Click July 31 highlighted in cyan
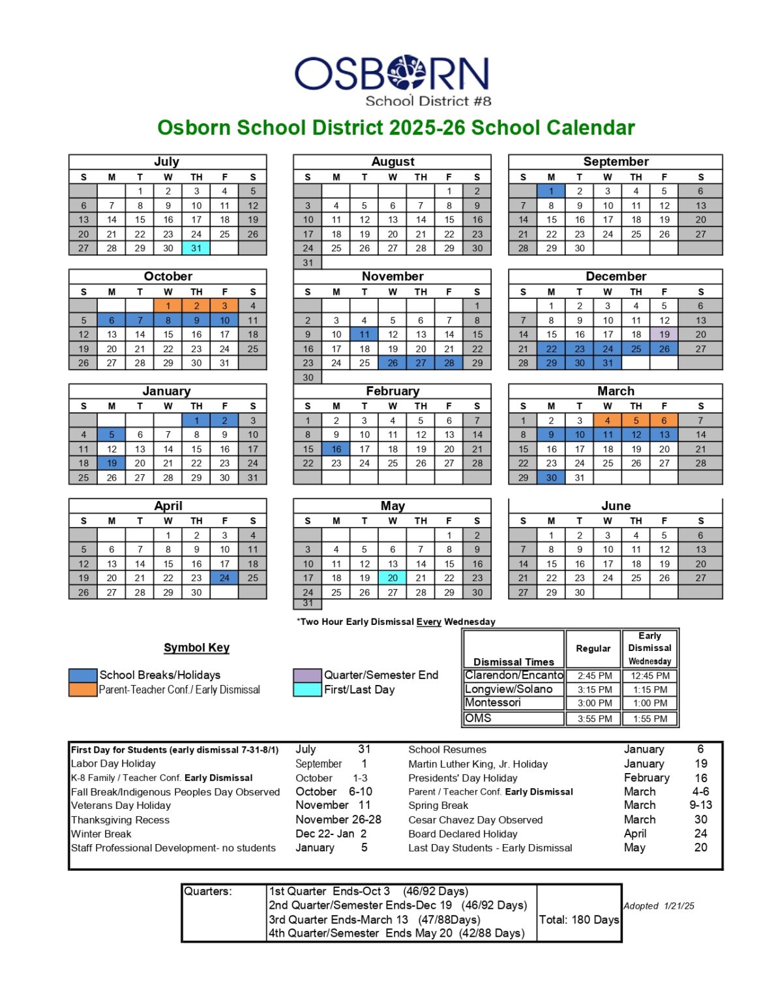[196, 248]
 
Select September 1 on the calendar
[551, 191]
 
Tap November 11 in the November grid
[365, 334]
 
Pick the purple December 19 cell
[664, 334]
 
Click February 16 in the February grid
[336, 449]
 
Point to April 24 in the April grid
[224, 577]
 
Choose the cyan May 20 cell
[393, 577]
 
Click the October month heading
[168, 276]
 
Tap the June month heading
[616, 506]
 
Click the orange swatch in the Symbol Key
[83, 690]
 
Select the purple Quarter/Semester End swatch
[307, 675]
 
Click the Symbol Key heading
[196, 648]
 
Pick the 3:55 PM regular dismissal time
[594, 719]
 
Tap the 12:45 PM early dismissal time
[649, 676]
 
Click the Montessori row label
[493, 703]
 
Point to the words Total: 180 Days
[579, 920]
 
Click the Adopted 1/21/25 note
[659, 906]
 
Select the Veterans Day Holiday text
[121, 806]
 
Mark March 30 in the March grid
[551, 478]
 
